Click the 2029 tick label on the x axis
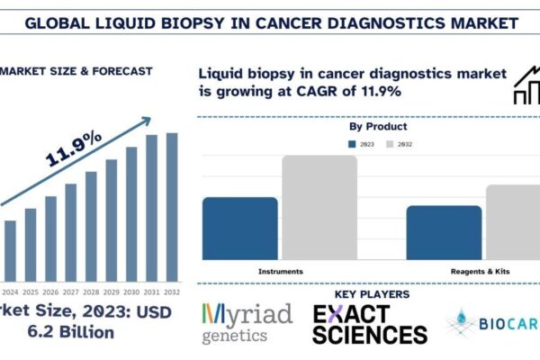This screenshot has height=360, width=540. point(112,292)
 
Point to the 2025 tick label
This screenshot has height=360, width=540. point(31,292)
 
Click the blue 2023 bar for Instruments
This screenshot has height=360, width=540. point(240,229)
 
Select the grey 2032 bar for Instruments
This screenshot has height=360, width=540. point(319,208)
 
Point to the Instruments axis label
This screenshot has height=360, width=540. point(280,271)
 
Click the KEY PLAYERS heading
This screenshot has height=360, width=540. point(372,294)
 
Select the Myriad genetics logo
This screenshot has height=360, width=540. point(247,323)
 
